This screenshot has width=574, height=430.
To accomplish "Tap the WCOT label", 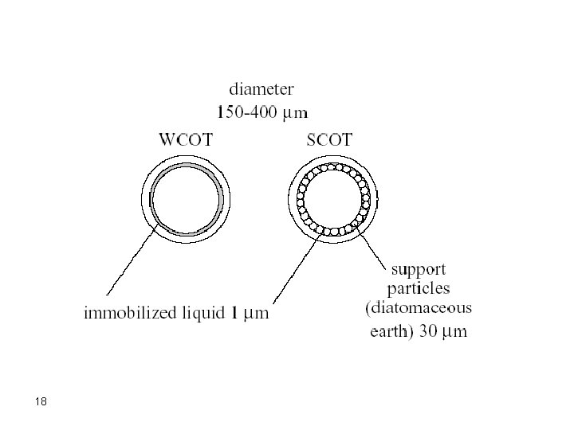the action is [x=187, y=142].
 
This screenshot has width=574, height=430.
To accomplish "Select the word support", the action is [x=419, y=269].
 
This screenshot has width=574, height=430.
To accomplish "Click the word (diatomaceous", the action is [x=419, y=307].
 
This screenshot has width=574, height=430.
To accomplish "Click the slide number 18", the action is [x=42, y=402].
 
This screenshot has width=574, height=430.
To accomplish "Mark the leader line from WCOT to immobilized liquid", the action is [x=132, y=264].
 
